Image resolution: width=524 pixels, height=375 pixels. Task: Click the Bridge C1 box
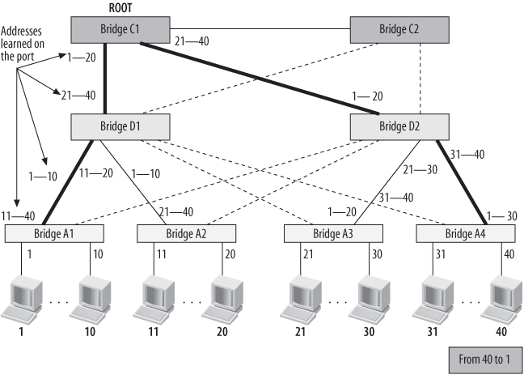click(120, 30)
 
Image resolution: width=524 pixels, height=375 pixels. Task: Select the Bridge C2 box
click(399, 30)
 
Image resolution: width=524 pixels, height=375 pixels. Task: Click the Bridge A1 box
click(56, 233)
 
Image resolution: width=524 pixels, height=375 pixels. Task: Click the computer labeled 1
click(21, 301)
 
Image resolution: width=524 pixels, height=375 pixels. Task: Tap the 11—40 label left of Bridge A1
click(17, 215)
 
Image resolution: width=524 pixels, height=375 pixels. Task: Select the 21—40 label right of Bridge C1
click(192, 40)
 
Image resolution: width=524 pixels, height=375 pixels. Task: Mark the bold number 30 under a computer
click(369, 331)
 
